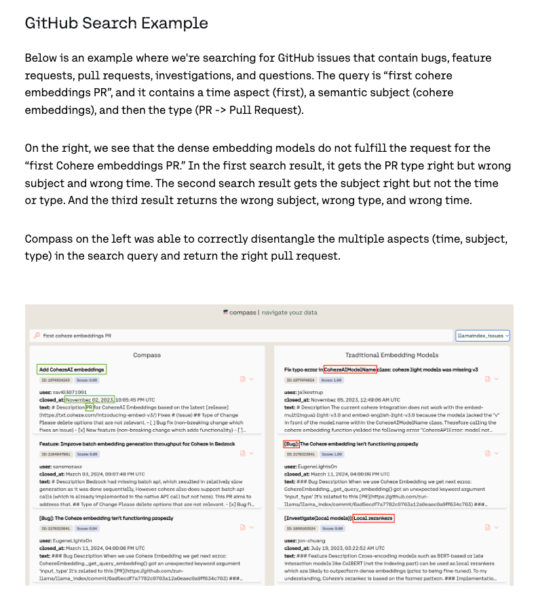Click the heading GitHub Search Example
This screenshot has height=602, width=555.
click(x=116, y=23)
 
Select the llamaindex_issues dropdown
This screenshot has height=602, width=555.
click(x=482, y=336)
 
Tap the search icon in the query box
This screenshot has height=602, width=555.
click(x=35, y=336)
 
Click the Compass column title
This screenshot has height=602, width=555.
click(x=147, y=355)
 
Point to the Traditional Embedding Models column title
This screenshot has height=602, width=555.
click(x=391, y=355)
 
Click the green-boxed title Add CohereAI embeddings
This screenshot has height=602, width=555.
click(x=72, y=369)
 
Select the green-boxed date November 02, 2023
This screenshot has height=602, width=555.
click(x=90, y=399)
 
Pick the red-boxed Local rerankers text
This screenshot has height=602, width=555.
click(x=372, y=519)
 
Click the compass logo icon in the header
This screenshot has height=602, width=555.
click(x=225, y=313)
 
